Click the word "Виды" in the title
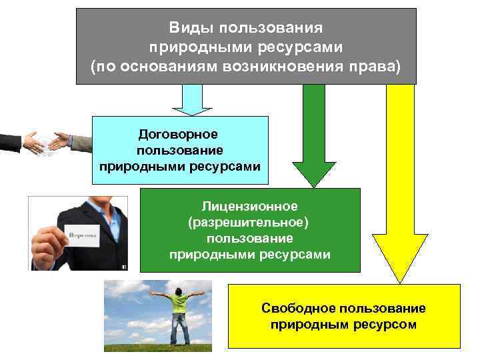[x=188, y=29]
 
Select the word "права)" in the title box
[x=374, y=67]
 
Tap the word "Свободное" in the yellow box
[x=298, y=309]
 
